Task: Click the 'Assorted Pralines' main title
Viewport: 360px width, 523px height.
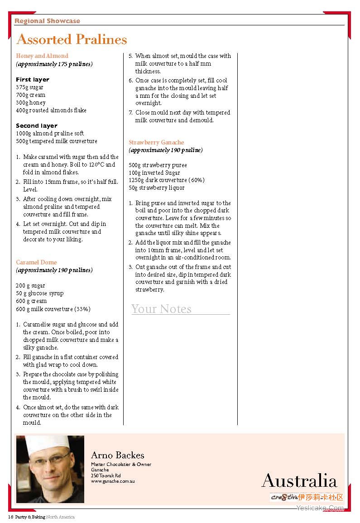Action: click(72, 40)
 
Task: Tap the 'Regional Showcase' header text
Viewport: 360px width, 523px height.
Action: click(47, 21)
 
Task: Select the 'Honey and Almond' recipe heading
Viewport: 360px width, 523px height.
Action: click(42, 56)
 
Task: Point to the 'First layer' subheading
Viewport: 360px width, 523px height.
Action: click(33, 80)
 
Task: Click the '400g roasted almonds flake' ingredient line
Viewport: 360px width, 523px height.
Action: click(51, 110)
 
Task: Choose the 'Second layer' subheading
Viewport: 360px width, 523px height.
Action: click(37, 126)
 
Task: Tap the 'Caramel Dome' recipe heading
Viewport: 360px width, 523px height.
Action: click(36, 263)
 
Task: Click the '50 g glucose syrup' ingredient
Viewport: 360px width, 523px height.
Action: click(40, 293)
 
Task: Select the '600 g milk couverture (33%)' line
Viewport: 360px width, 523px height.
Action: click(53, 309)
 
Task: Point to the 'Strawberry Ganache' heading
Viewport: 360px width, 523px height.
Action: click(156, 143)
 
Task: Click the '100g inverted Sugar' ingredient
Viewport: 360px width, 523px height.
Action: click(154, 173)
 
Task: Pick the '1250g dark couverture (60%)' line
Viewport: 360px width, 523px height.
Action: click(167, 180)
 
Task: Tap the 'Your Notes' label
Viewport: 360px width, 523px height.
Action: click(161, 309)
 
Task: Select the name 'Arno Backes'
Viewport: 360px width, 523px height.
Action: click(117, 456)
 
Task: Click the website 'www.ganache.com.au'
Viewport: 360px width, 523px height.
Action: click(113, 481)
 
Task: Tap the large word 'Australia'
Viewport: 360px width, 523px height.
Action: click(299, 480)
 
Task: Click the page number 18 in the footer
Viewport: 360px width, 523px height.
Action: click(10, 517)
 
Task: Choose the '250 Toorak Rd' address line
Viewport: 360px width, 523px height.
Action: click(106, 476)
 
